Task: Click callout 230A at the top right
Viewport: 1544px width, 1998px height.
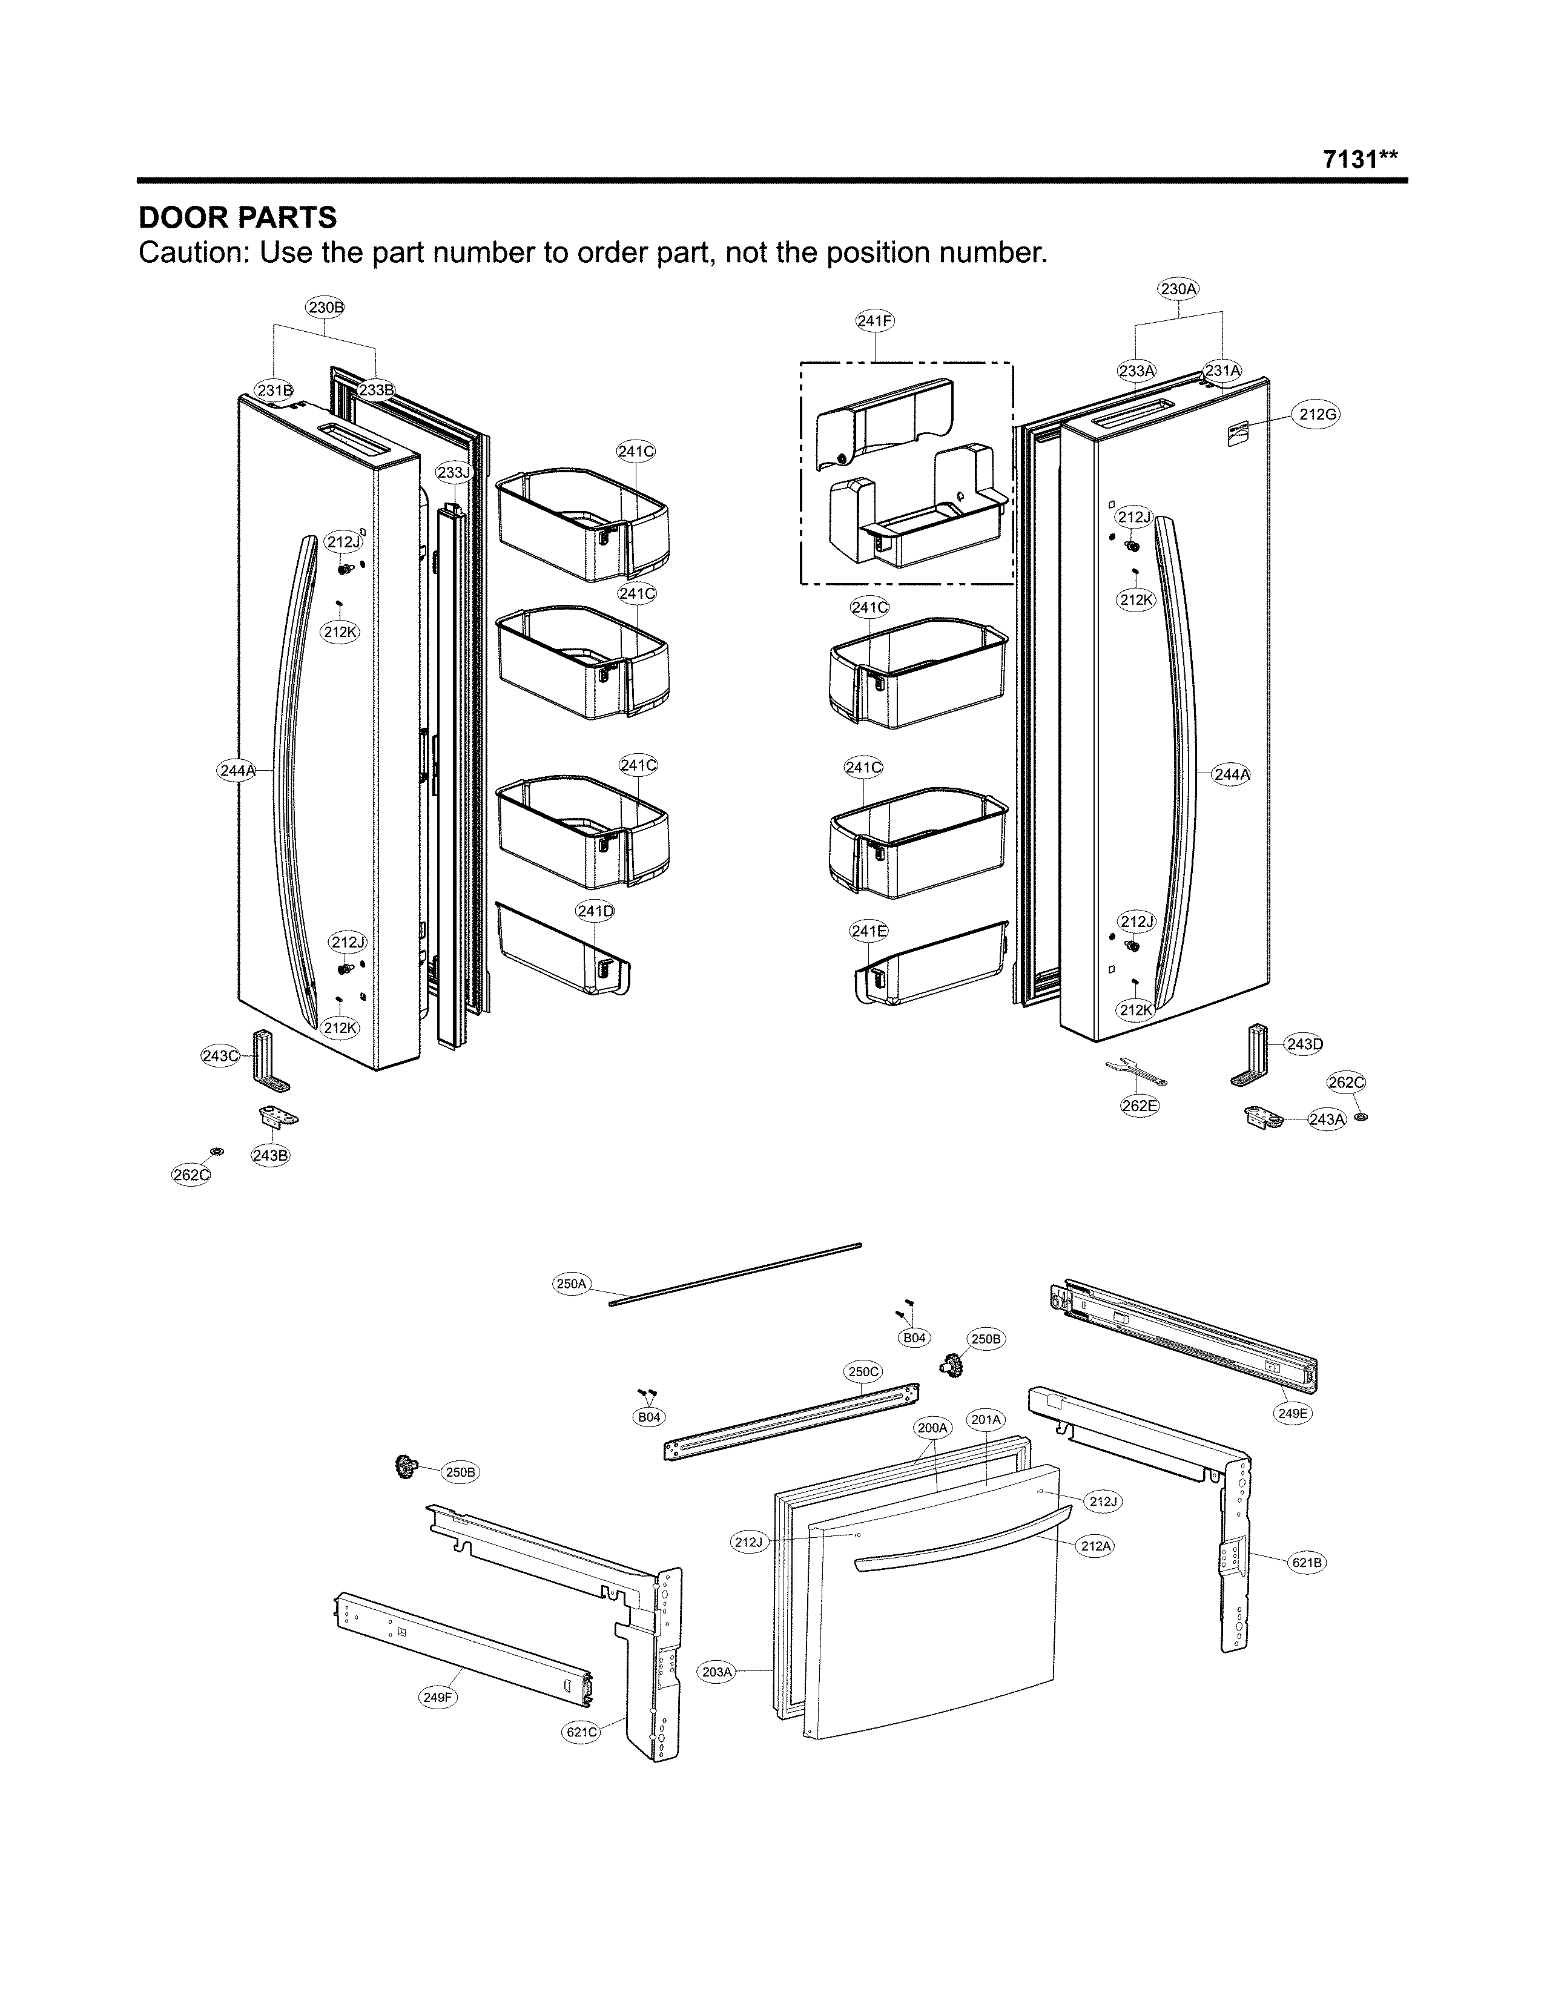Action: pos(1178,289)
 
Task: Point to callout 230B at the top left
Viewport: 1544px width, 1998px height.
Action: pos(326,308)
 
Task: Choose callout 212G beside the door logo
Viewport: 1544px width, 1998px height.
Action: pos(1318,414)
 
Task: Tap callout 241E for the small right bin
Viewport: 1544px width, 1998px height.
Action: pos(868,931)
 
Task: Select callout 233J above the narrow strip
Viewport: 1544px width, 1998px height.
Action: pos(453,473)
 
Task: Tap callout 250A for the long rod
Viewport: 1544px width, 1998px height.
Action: pos(571,1284)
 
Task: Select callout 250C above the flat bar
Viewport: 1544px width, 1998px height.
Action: pos(863,1371)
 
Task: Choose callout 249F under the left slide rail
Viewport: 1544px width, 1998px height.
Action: pos(437,1697)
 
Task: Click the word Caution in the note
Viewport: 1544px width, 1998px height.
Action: pos(190,252)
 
